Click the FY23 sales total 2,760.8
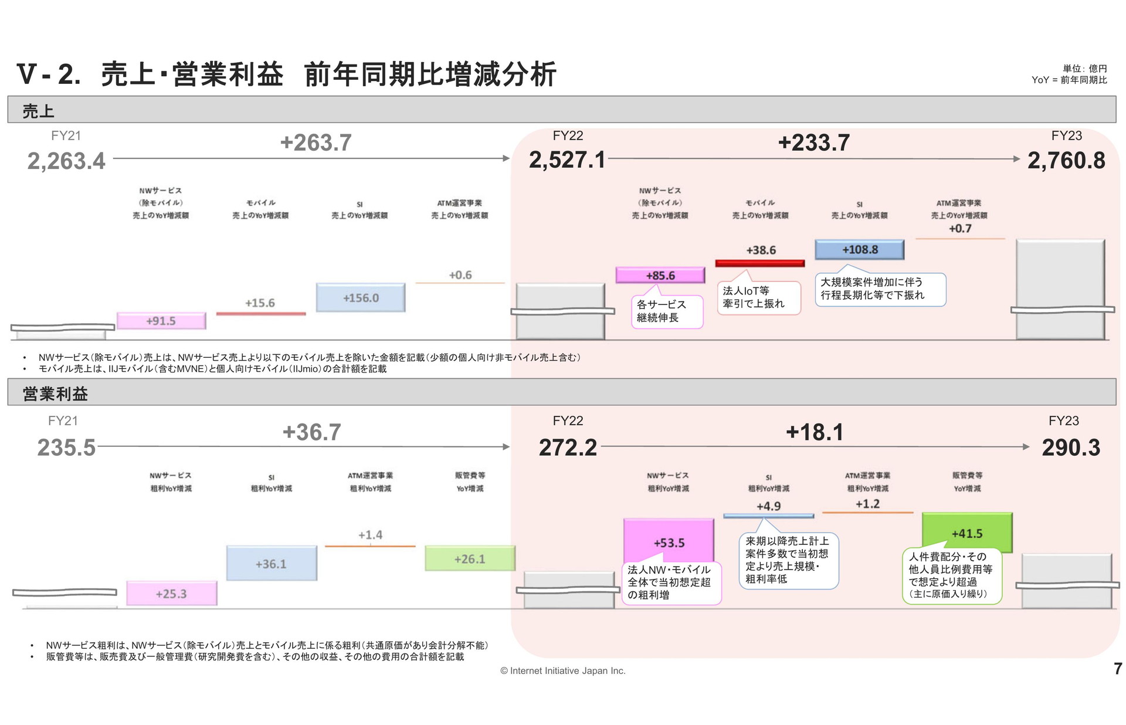click(x=1066, y=161)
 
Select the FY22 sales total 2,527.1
click(x=567, y=160)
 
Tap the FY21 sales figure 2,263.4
click(x=66, y=161)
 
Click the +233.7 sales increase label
click(x=813, y=143)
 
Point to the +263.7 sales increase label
click(x=316, y=143)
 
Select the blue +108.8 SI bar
click(x=859, y=250)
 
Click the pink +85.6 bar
click(x=660, y=275)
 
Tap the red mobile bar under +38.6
click(x=760, y=263)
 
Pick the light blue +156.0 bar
click(x=361, y=297)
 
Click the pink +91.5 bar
click(x=161, y=321)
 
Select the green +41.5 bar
click(x=967, y=533)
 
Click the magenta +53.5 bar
click(x=669, y=541)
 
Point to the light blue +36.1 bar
click(x=272, y=563)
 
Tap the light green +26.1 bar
click(x=470, y=558)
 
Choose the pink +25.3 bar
click(x=172, y=593)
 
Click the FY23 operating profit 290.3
click(x=1071, y=448)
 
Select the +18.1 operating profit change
click(x=814, y=432)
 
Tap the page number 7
click(x=1118, y=669)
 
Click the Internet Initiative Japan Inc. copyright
click(x=563, y=670)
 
